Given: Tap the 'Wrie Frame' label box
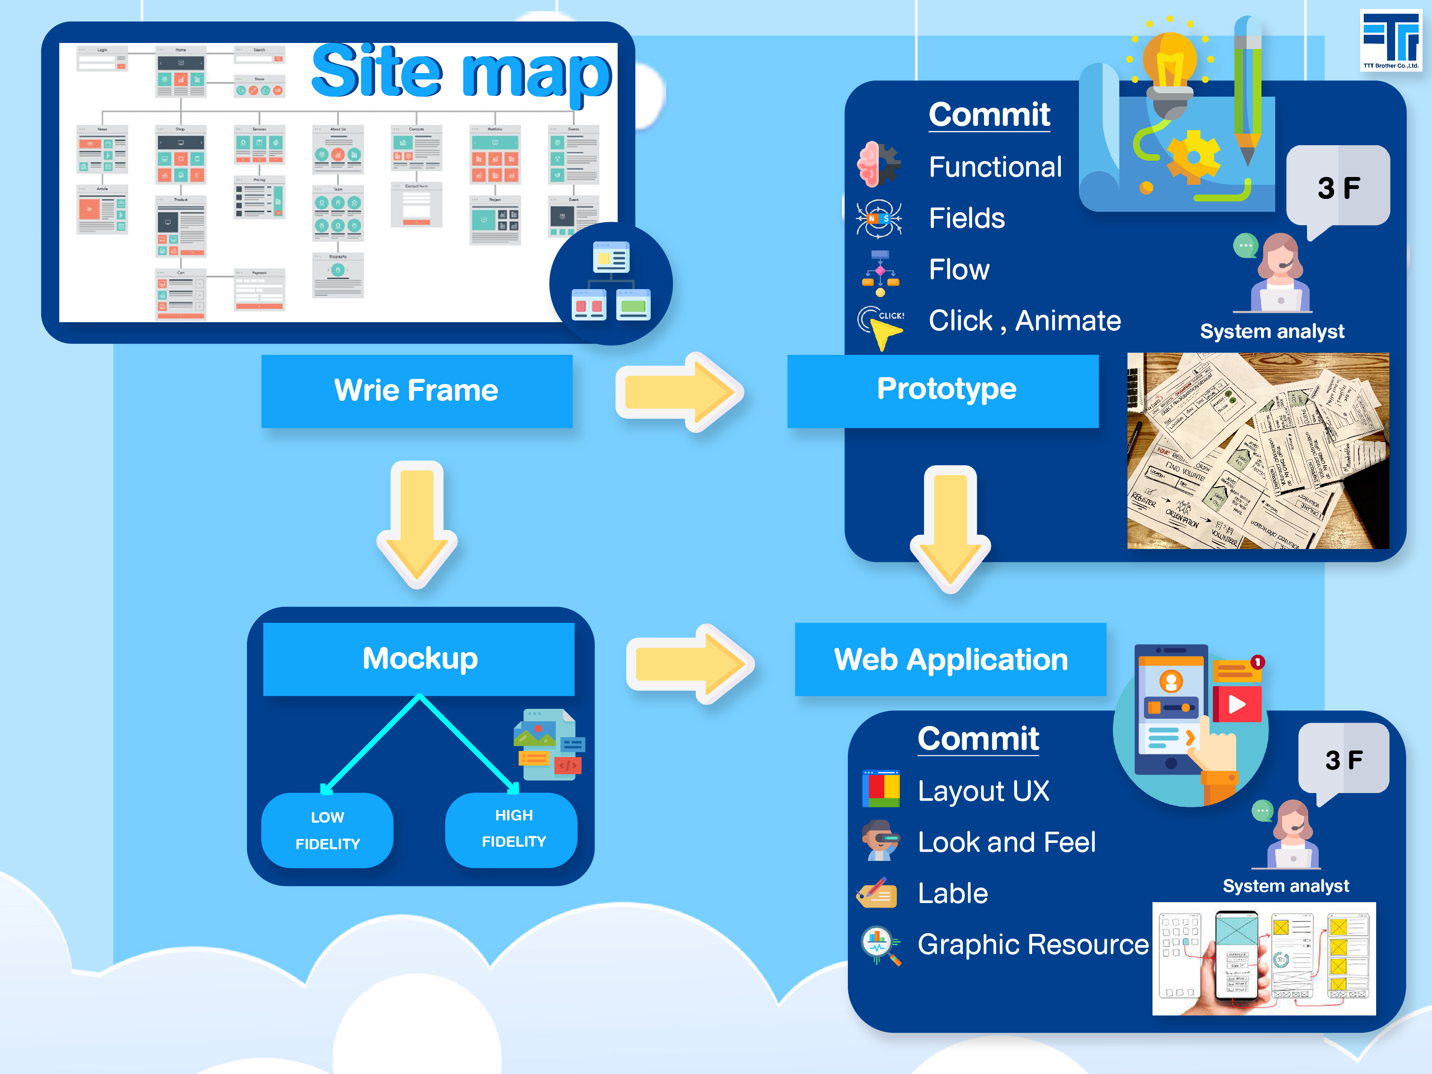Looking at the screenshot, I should (416, 391).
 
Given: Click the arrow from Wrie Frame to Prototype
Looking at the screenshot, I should (680, 392).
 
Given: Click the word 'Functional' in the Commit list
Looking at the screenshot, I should (995, 167).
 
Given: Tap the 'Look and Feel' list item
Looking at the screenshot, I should (1006, 842).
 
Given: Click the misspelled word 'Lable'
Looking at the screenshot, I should (952, 894).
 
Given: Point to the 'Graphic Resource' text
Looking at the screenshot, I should (1033, 945).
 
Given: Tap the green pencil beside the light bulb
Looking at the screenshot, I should (1247, 91).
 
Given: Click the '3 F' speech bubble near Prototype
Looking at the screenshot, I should (1338, 188).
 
